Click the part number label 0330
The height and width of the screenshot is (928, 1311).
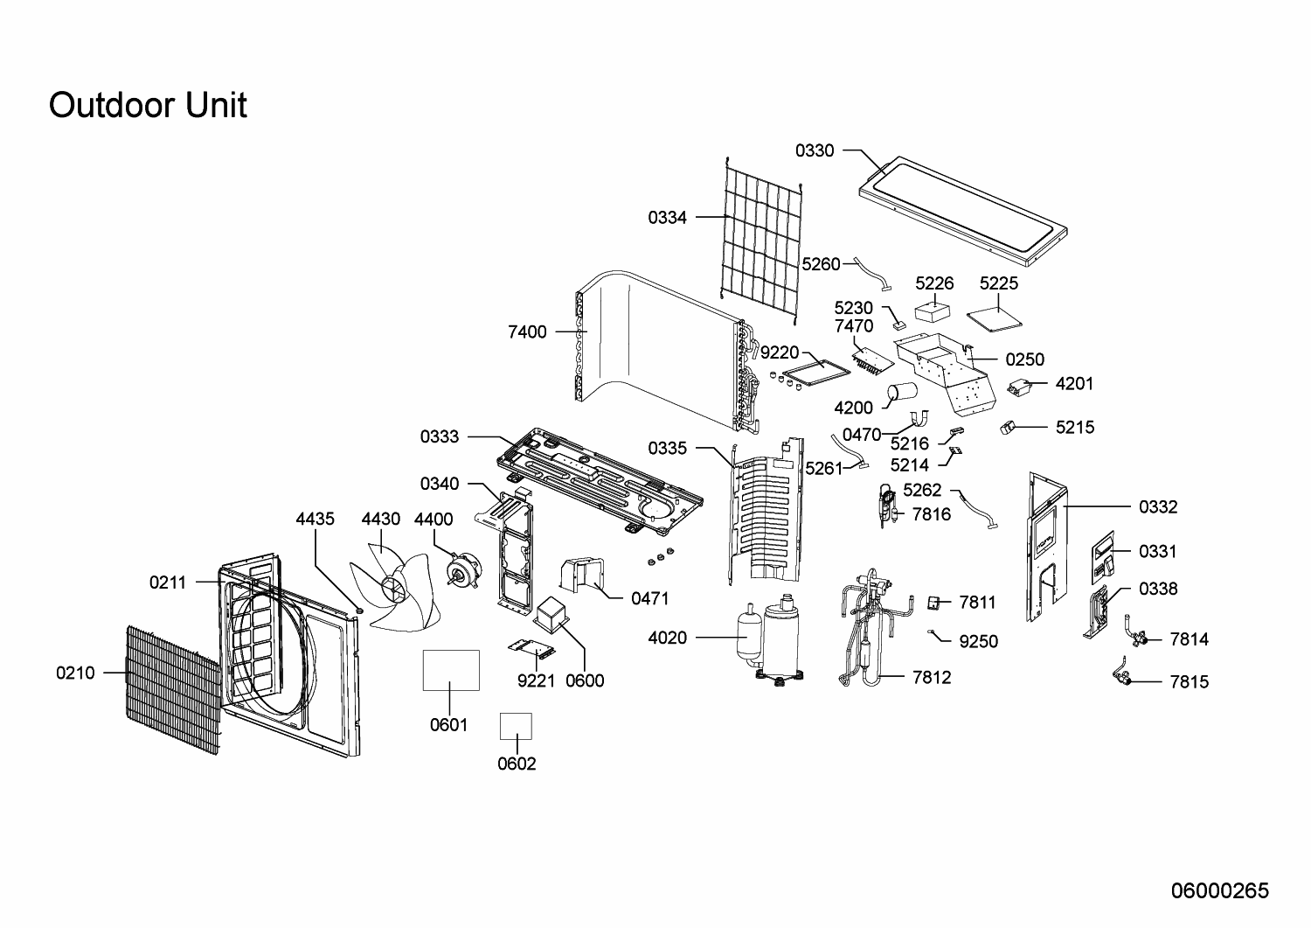[815, 150]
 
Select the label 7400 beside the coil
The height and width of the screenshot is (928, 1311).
[527, 331]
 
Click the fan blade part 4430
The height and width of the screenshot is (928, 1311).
[385, 586]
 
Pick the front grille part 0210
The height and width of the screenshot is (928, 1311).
[170, 687]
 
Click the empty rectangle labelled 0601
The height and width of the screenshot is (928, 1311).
[451, 671]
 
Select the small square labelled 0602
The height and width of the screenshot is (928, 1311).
[516, 726]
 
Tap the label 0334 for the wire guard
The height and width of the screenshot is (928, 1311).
[668, 218]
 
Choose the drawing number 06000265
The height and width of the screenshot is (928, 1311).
[1219, 890]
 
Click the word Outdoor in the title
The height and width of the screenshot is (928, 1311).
[112, 105]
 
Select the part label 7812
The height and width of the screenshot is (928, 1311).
[932, 677]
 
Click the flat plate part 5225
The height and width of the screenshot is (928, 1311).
[995, 318]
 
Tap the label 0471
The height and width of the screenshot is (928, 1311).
[650, 598]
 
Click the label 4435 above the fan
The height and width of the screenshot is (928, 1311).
[315, 519]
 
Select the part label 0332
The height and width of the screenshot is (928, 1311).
[1158, 506]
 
